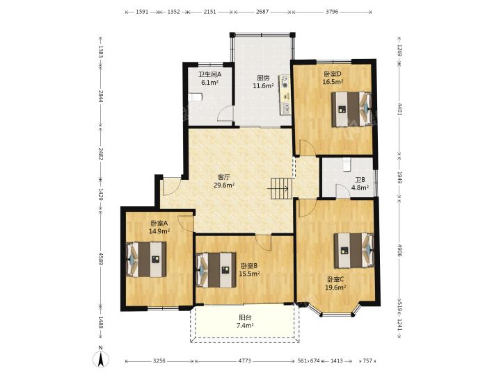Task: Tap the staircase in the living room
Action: click(x=282, y=188)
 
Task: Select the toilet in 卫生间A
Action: click(x=195, y=97)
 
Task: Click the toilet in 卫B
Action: click(x=347, y=165)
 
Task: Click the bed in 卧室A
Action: click(x=146, y=259)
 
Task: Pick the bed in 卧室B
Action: click(x=216, y=270)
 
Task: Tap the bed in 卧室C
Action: click(x=353, y=250)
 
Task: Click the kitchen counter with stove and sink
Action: click(x=285, y=94)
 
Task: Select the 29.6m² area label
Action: click(x=224, y=185)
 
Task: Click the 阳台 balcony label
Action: click(x=245, y=317)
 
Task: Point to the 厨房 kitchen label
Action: click(x=263, y=78)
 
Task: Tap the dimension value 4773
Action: click(x=245, y=360)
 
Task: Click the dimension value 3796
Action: click(x=332, y=12)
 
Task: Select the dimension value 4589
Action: click(x=100, y=259)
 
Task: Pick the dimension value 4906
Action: click(x=399, y=250)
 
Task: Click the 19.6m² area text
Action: click(x=336, y=287)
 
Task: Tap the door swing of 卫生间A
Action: click(x=226, y=113)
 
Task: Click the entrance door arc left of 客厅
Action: click(x=171, y=186)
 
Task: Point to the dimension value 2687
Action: click(x=262, y=12)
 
